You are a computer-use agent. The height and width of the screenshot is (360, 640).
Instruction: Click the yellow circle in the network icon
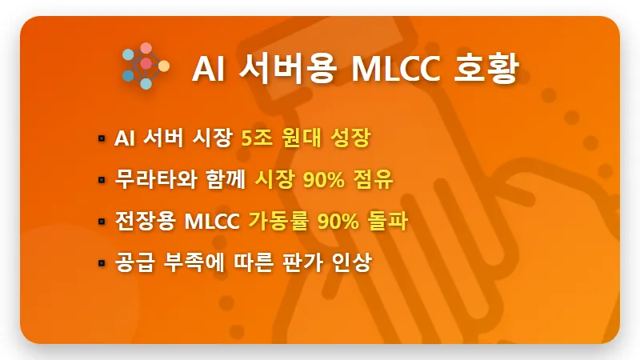pyautogui.click(x=164, y=65)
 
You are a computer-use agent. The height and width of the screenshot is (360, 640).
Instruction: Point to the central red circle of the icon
pyautogui.click(x=146, y=63)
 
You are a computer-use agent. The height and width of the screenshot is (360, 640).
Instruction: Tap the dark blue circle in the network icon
pyautogui.click(x=128, y=76)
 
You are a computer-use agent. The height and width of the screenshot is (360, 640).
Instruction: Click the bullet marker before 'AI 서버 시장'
pyautogui.click(x=102, y=138)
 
